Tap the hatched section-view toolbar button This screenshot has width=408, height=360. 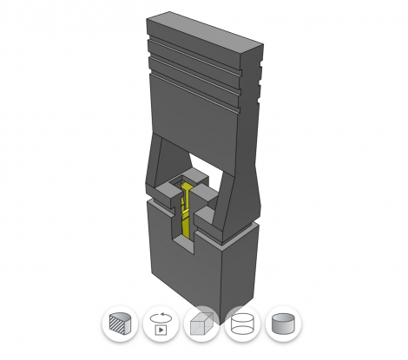coord(119,325)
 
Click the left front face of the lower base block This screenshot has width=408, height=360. coord(187,269)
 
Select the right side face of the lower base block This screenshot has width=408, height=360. coord(241,265)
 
